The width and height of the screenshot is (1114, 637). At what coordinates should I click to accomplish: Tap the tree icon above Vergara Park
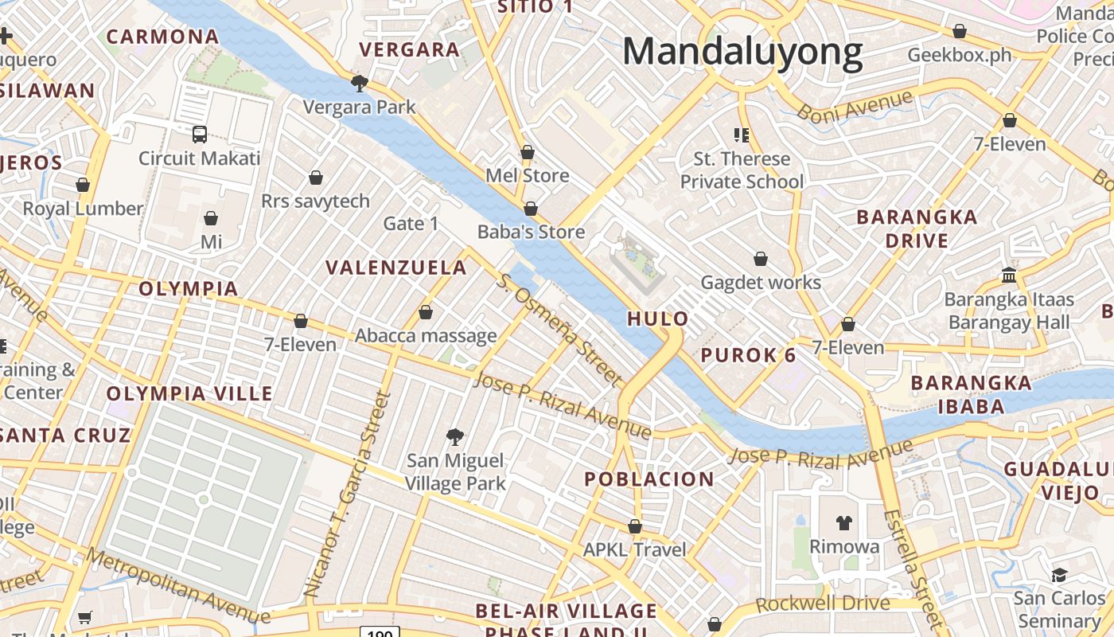[359, 83]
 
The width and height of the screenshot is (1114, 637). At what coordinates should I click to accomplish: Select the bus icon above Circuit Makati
[200, 135]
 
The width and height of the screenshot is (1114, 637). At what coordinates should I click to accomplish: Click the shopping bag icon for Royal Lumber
[83, 185]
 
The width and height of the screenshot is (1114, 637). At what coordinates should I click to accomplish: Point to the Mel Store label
[528, 175]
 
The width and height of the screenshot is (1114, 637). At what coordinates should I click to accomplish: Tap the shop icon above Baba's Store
[531, 209]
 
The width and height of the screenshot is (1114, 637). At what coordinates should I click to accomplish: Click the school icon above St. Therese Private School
[742, 135]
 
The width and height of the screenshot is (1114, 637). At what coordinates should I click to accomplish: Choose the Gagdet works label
[760, 282]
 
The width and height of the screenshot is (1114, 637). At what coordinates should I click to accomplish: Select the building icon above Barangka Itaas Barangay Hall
[1009, 276]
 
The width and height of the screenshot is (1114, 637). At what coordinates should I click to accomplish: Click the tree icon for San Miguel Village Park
[455, 436]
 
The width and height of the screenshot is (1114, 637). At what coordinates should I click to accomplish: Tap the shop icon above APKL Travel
[634, 526]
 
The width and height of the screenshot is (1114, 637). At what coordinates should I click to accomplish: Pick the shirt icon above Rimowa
[844, 523]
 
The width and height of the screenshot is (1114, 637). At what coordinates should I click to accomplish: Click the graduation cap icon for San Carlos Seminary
[1059, 574]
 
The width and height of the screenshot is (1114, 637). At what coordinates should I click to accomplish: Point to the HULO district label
[658, 318]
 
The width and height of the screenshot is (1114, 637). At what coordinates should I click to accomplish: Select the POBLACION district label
[649, 479]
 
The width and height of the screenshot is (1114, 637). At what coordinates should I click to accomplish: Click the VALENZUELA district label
[396, 268]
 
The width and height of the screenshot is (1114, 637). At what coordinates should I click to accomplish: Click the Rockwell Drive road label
[822, 603]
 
